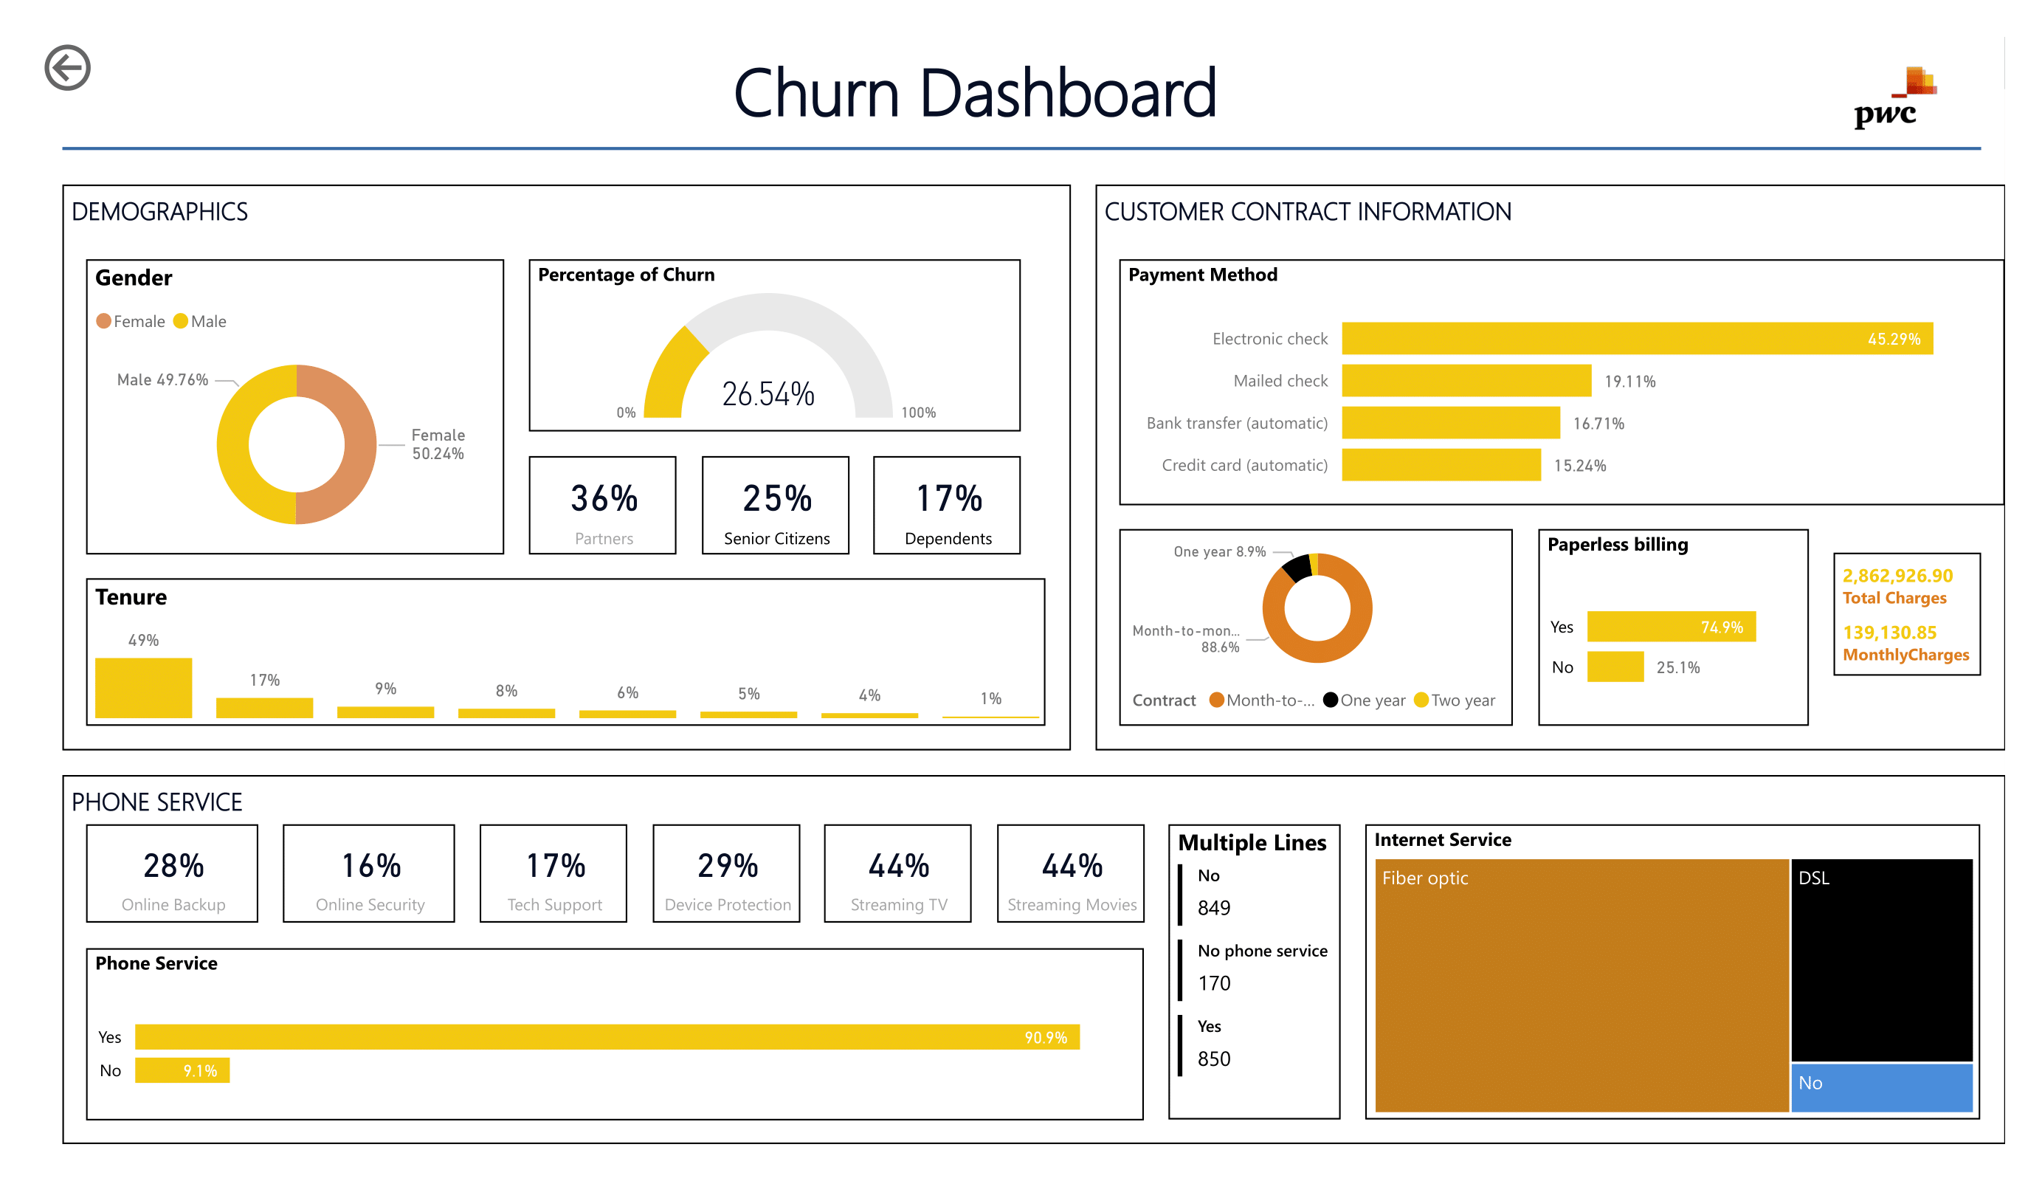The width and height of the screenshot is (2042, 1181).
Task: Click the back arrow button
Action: point(67,67)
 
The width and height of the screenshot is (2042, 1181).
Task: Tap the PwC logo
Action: point(1893,99)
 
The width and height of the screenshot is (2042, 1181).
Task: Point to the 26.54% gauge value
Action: point(768,395)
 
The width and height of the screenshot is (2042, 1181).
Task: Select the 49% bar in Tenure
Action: point(143,686)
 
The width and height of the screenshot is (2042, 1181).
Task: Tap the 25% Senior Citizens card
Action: point(775,505)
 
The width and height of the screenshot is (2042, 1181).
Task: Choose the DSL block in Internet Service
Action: point(1880,959)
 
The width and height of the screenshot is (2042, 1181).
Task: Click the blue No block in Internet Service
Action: point(1880,1087)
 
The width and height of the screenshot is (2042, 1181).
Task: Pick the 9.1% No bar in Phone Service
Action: point(182,1070)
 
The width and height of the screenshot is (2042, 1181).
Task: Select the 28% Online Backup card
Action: point(173,873)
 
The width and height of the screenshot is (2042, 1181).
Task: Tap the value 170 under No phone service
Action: point(1213,982)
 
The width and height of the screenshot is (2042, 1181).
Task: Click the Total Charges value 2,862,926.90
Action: point(1896,576)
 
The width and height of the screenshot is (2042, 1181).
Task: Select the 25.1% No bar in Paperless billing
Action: point(1614,667)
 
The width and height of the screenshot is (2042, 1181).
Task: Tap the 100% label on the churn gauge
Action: point(918,413)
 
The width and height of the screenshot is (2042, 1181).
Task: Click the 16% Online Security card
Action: point(369,873)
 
